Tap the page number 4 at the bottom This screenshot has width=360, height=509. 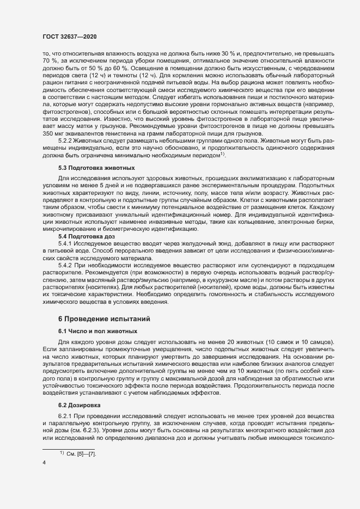coord(44,462)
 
